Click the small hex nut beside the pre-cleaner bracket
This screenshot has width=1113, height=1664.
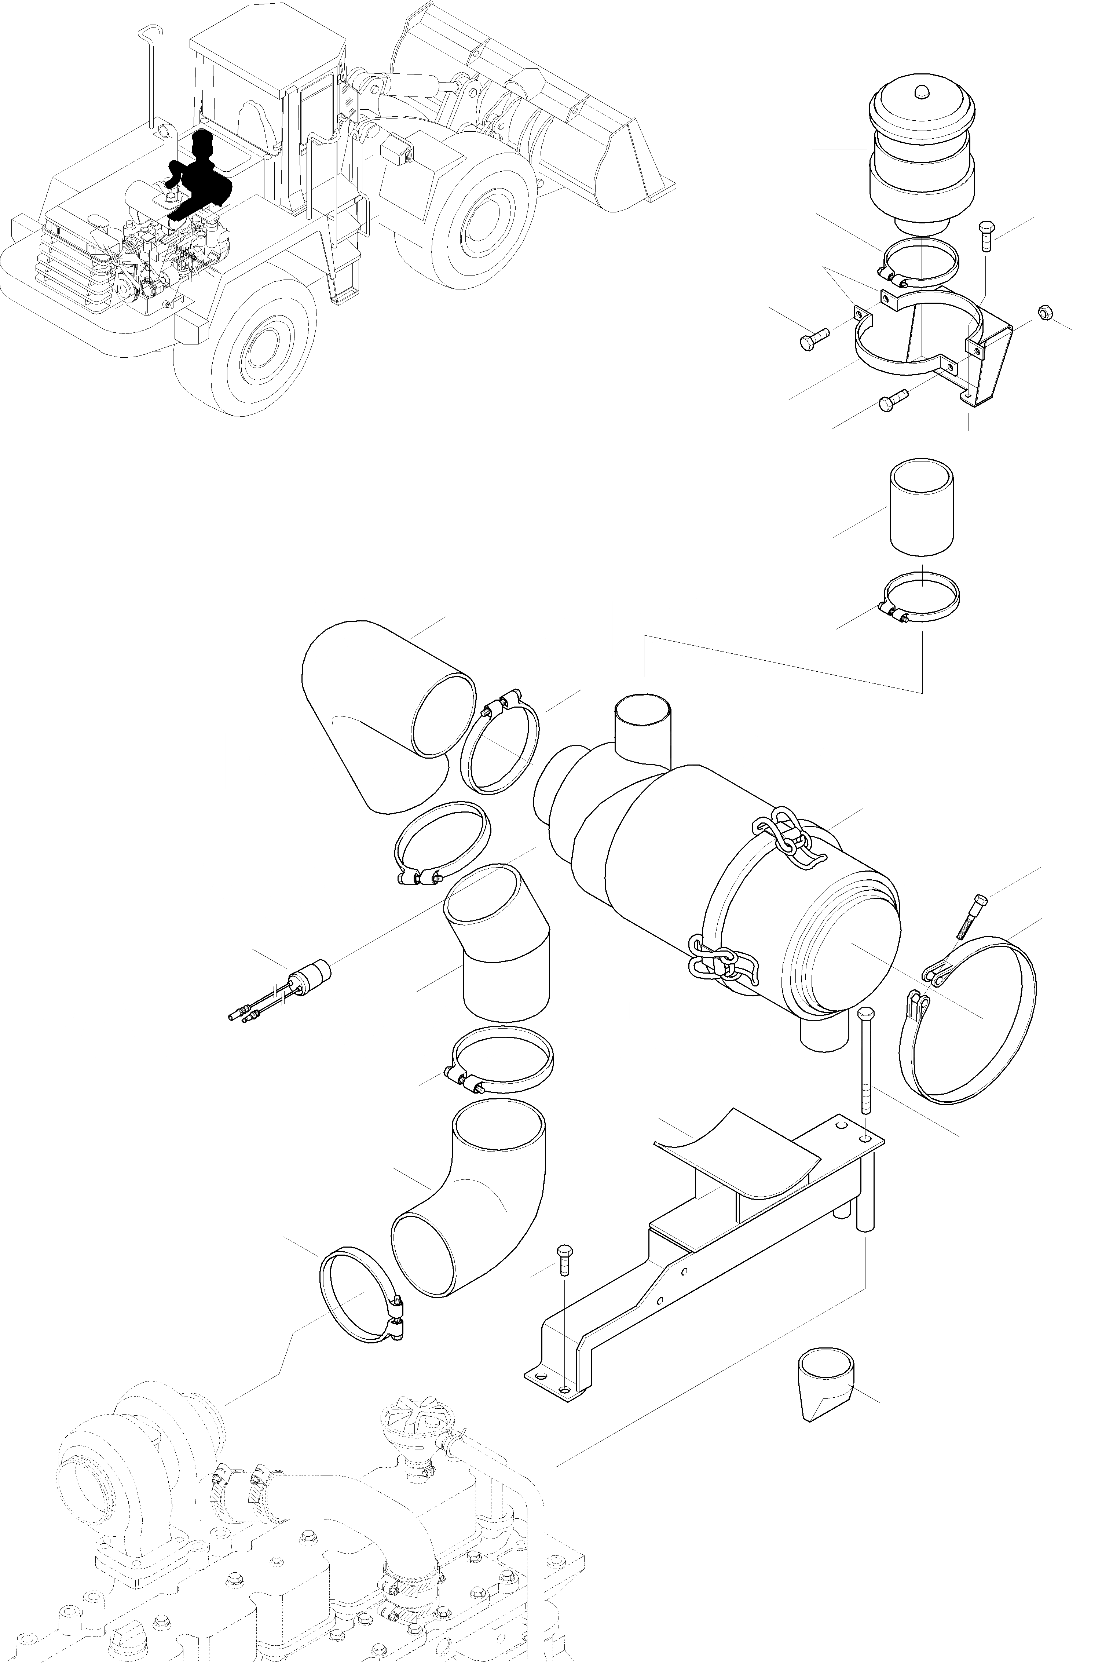click(1044, 312)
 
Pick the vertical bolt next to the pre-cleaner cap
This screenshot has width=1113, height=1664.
click(986, 236)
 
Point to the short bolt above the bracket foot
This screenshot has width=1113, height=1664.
click(564, 1260)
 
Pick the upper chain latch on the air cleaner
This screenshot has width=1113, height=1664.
click(788, 838)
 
